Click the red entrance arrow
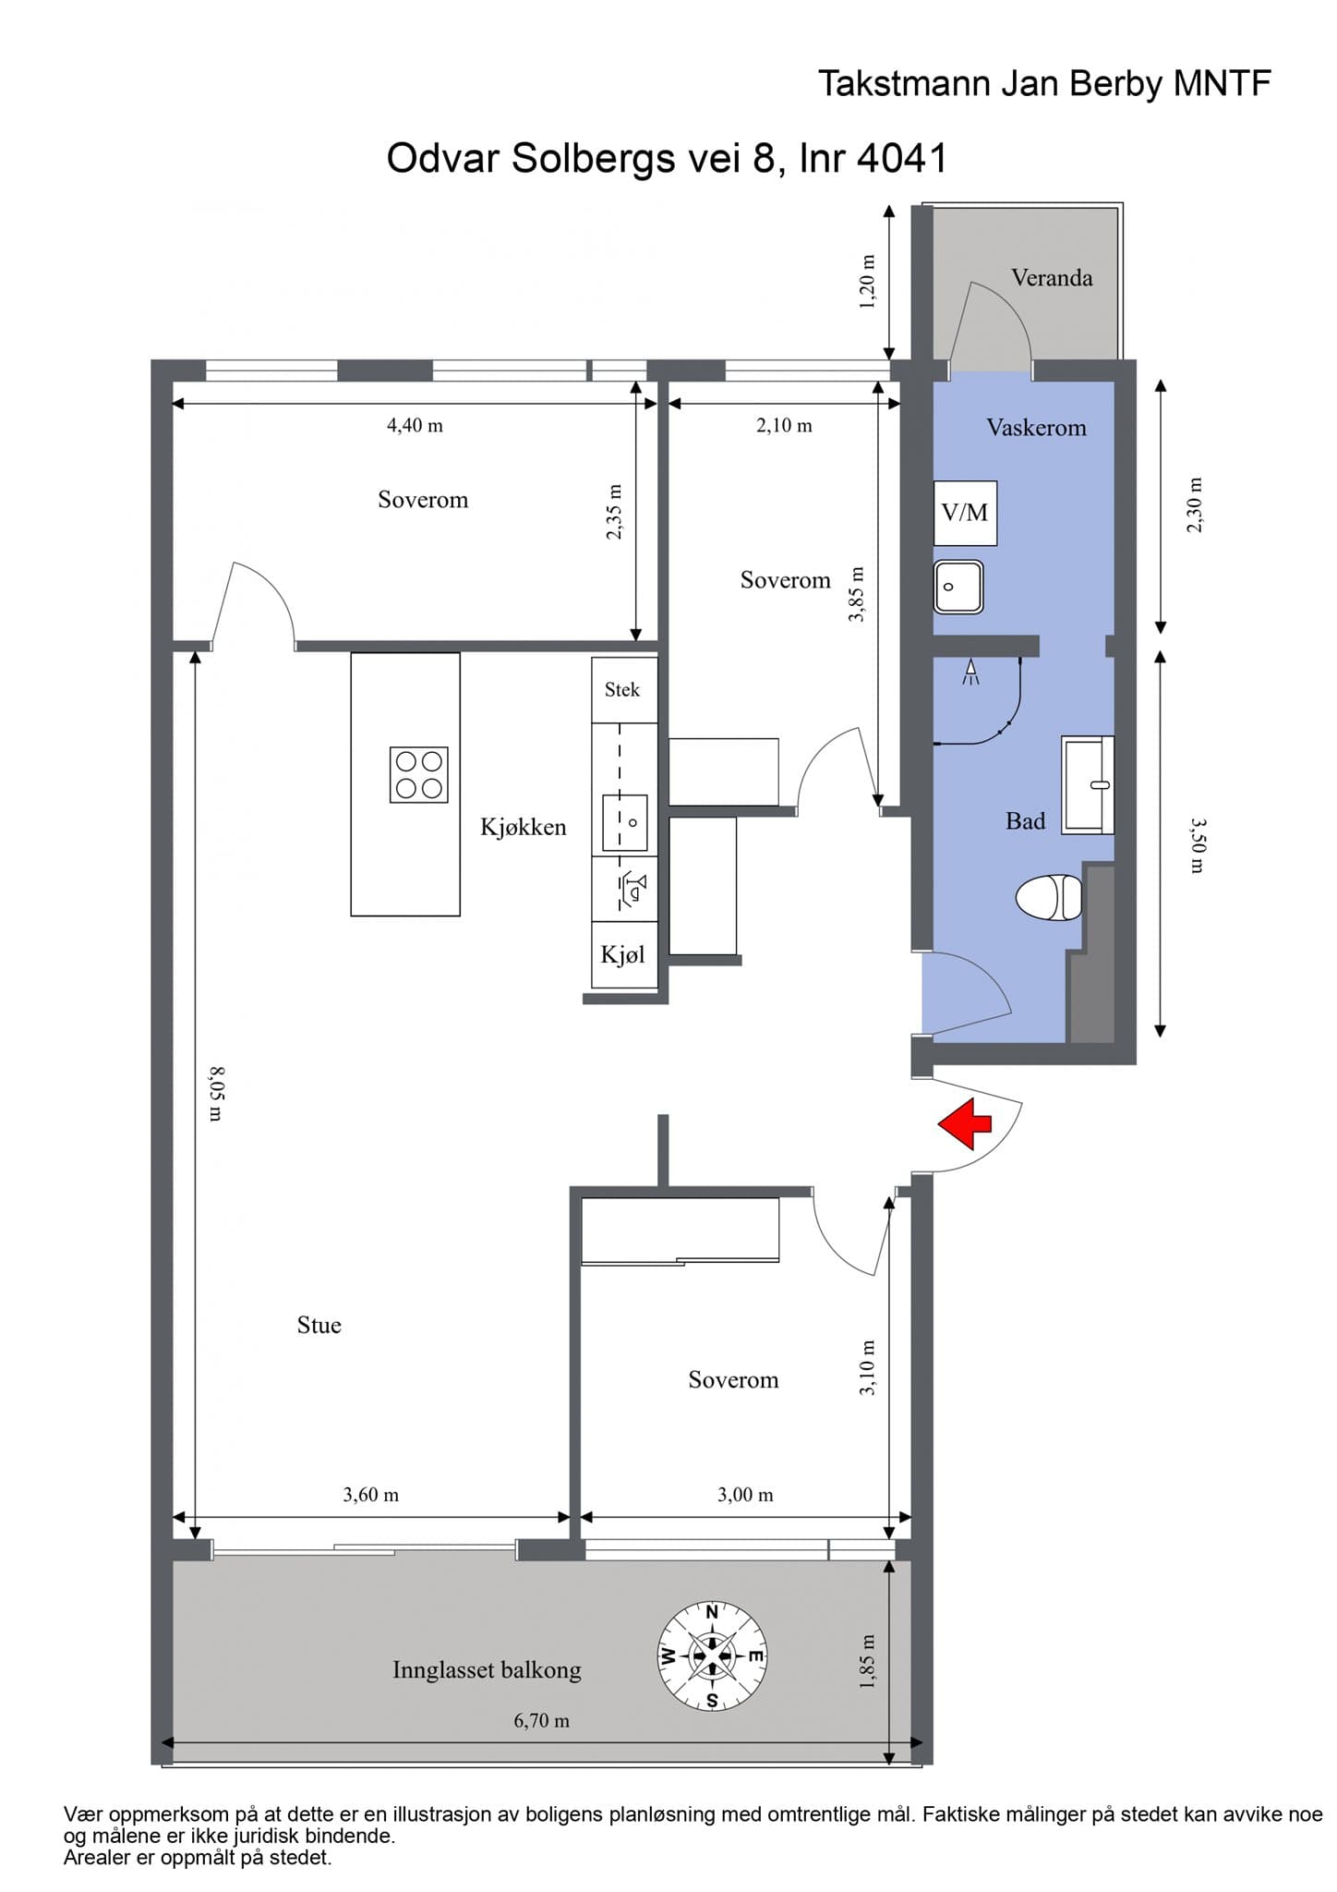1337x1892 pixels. click(965, 1124)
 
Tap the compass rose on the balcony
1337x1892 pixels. click(712, 1655)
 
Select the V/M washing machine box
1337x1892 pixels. click(965, 513)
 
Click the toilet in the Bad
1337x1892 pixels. click(1049, 897)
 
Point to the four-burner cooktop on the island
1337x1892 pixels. click(419, 774)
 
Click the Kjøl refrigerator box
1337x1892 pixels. click(624, 954)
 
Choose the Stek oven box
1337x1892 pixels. click(624, 690)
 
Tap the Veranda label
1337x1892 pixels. click(1052, 278)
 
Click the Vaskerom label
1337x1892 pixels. click(1036, 428)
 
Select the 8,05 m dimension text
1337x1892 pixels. click(214, 1094)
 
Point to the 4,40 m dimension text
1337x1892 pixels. click(415, 426)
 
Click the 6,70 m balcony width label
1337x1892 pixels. click(541, 1721)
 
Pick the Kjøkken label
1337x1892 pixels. click(524, 827)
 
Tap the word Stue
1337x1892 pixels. click(319, 1326)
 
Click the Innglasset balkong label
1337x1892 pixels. click(487, 1670)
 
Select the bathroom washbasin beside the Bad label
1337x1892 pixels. click(1088, 785)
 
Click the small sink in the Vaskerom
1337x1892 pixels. click(958, 587)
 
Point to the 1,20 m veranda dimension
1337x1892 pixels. click(867, 282)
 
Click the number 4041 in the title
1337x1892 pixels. click(902, 159)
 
